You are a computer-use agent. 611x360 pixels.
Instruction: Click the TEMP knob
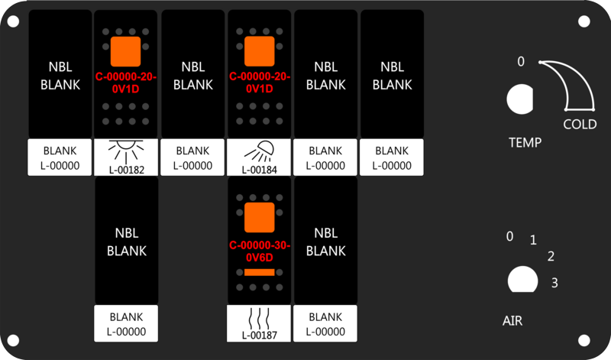coord(520,99)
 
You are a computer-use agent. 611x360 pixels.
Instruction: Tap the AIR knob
coord(523,279)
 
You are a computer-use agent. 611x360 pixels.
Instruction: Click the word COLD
coord(580,125)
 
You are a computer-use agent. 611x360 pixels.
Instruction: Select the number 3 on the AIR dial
coord(554,282)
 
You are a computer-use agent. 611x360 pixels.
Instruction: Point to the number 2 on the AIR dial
coord(551,256)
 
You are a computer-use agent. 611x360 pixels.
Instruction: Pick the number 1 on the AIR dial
coord(533,240)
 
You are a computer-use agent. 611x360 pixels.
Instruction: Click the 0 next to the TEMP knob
coord(521,62)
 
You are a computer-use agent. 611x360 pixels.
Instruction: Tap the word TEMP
coord(525,142)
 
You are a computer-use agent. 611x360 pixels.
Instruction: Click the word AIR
coord(512,320)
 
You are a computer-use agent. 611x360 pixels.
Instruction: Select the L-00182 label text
coord(127,170)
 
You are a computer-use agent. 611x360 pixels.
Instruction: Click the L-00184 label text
coord(259,170)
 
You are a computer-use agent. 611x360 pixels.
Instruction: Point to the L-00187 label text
coord(259,335)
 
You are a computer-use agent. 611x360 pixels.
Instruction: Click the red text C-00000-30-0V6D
coord(260,251)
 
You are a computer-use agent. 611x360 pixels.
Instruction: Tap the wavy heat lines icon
coord(259,318)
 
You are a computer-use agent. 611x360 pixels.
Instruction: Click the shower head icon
coord(260,152)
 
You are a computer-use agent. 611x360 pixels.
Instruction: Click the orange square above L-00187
coord(260,217)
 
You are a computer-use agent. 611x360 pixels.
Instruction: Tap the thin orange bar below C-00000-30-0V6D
coord(260,272)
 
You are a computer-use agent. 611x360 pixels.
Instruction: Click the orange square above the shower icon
coord(260,51)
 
